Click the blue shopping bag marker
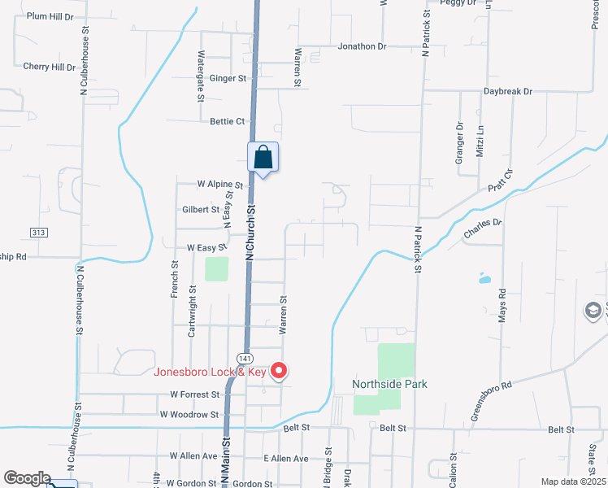[263, 156]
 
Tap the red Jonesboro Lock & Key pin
[279, 372]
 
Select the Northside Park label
[389, 384]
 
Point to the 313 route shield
[38, 233]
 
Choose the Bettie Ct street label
[228, 121]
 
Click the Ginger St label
[228, 78]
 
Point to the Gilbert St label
[201, 209]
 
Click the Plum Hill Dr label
[50, 16]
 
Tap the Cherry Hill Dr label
[49, 67]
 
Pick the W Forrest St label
[195, 394]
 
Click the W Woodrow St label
[189, 414]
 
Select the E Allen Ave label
[285, 459]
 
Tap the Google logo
[27, 478]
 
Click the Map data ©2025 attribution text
[573, 481]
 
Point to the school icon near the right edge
[593, 311]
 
